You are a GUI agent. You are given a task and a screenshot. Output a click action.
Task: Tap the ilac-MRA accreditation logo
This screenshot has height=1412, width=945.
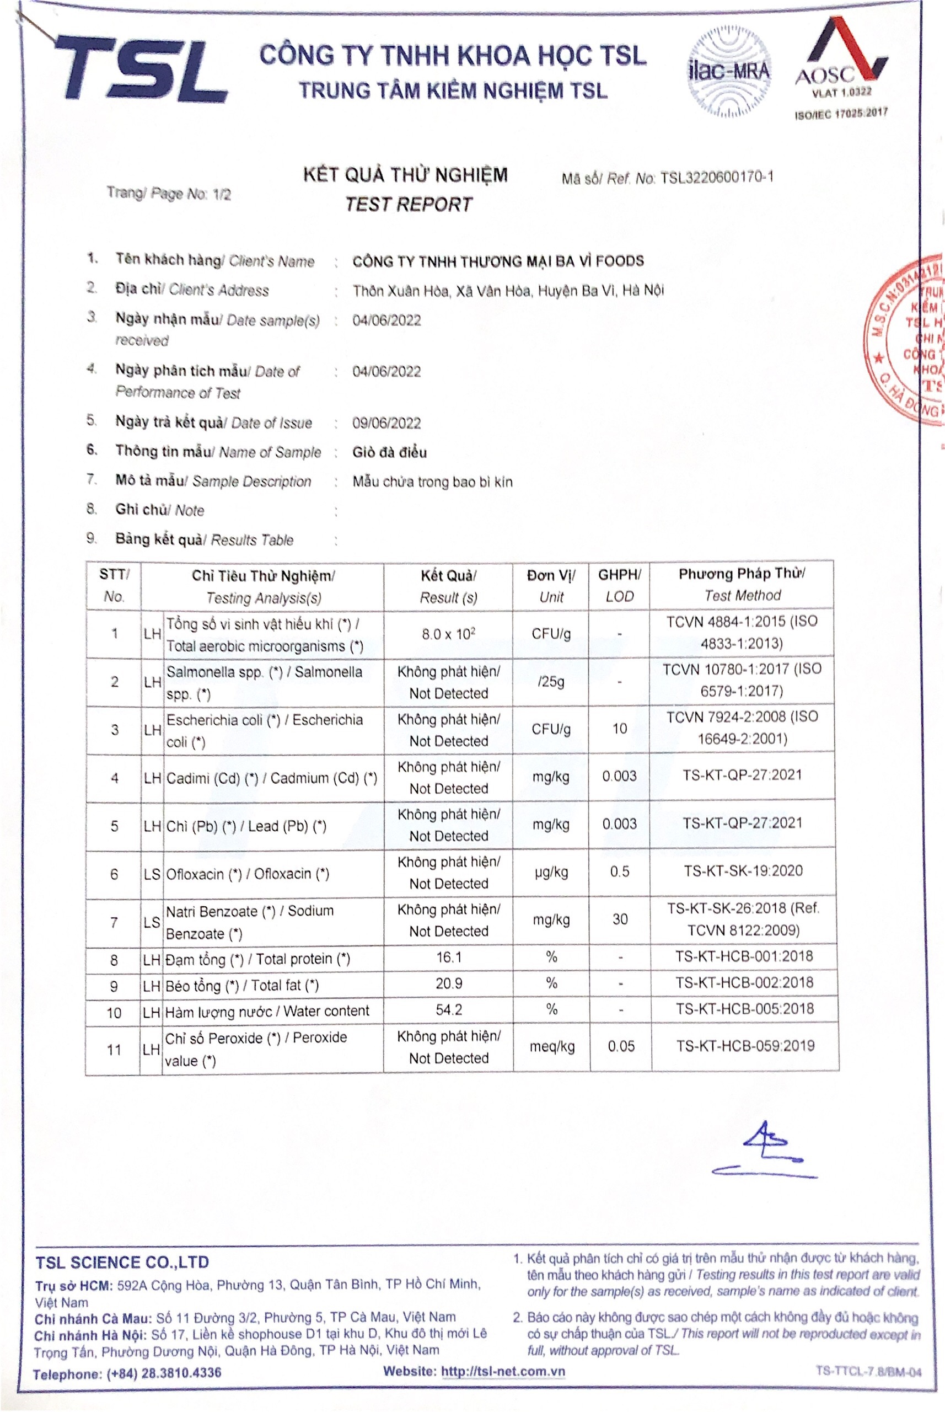pyautogui.click(x=729, y=73)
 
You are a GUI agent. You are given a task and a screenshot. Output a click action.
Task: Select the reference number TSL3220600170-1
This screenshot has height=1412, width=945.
pyautogui.click(x=717, y=177)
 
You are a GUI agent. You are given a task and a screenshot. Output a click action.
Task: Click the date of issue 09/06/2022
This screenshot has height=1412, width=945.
pyautogui.click(x=386, y=423)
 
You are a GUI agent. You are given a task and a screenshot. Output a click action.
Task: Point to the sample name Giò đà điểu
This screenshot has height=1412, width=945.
pyautogui.click(x=389, y=452)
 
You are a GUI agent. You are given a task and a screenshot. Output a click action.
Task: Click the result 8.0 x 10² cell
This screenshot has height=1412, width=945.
pyautogui.click(x=448, y=634)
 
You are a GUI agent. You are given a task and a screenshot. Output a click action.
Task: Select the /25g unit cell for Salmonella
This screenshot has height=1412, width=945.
pyautogui.click(x=550, y=682)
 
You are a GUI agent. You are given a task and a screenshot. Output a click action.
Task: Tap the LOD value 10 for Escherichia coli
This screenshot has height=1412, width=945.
pyautogui.click(x=620, y=729)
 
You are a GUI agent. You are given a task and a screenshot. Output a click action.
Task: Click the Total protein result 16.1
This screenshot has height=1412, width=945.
pyautogui.click(x=448, y=958)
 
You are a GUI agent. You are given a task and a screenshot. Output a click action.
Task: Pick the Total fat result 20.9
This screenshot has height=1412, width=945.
pyautogui.click(x=448, y=984)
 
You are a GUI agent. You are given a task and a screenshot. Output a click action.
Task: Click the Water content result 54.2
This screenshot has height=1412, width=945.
pyautogui.click(x=448, y=1010)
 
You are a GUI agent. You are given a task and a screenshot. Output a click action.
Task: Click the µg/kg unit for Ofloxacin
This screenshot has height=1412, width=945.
pyautogui.click(x=551, y=873)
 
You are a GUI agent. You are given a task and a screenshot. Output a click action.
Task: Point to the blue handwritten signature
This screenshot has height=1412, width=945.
pyautogui.click(x=765, y=1152)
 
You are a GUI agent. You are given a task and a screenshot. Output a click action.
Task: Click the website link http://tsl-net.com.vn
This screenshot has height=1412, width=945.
pyautogui.click(x=503, y=1372)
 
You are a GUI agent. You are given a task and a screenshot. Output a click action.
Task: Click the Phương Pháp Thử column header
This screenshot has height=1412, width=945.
pyautogui.click(x=742, y=584)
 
